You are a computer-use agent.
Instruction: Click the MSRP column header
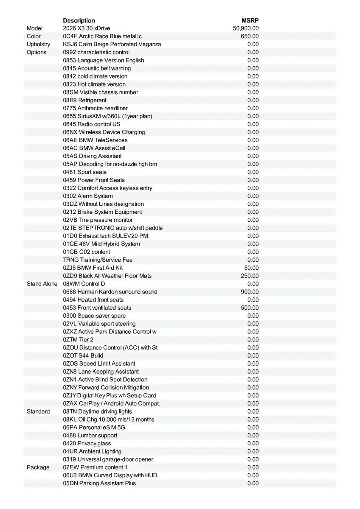(x=250, y=20)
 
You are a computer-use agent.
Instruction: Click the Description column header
(x=79, y=20)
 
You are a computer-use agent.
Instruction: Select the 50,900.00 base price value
(x=246, y=28)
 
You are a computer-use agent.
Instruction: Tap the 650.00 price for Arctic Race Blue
(x=250, y=36)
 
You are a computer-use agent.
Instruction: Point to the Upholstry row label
(x=38, y=44)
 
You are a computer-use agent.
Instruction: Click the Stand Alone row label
(x=42, y=284)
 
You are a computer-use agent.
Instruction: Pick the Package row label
(x=38, y=467)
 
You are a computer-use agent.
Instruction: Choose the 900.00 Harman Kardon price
(x=250, y=292)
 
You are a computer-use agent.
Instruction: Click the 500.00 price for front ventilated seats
(x=250, y=308)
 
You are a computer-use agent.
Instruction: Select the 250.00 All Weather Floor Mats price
(x=250, y=276)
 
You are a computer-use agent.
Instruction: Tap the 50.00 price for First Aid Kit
(x=251, y=268)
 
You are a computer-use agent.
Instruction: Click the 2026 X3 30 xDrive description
(x=86, y=28)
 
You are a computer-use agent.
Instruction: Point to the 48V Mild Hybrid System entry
(x=101, y=244)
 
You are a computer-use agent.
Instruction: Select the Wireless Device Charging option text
(x=104, y=132)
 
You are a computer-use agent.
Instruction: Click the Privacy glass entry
(x=87, y=443)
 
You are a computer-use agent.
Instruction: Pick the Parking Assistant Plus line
(x=99, y=483)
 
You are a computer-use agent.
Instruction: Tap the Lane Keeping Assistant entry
(x=101, y=372)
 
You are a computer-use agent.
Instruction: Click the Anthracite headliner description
(x=95, y=108)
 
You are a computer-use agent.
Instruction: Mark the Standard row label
(x=38, y=411)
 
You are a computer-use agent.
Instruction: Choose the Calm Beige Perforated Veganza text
(x=112, y=44)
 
